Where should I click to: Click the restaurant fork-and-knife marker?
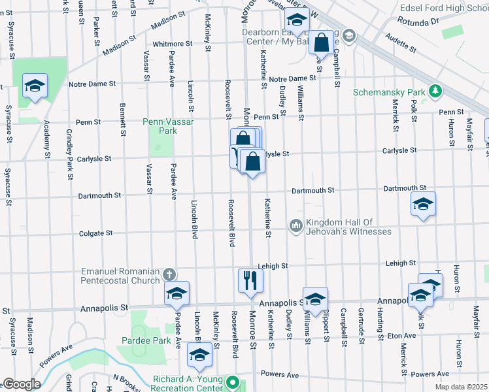(250, 280)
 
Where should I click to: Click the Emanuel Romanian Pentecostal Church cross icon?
(169, 274)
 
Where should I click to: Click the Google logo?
(21, 384)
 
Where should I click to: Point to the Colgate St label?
(96, 233)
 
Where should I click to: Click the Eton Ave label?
(401, 336)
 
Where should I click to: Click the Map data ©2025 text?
(462, 387)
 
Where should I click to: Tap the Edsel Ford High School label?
(450, 7)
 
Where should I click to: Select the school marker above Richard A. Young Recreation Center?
(199, 355)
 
